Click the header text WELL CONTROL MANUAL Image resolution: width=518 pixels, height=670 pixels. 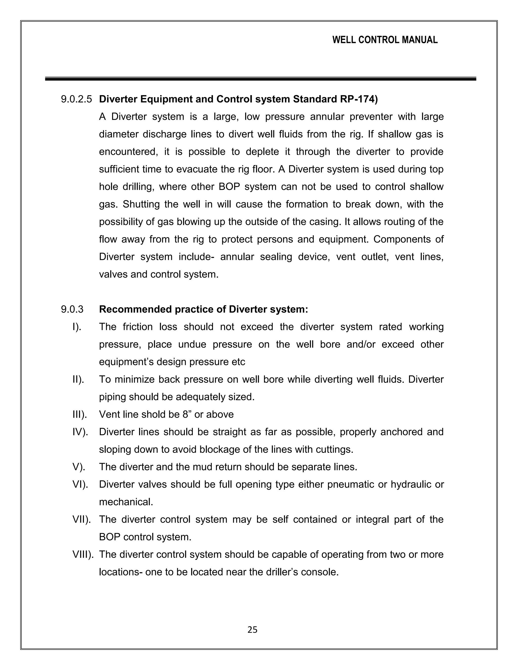tap(385, 40)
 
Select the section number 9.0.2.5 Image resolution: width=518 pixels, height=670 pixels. tap(76, 99)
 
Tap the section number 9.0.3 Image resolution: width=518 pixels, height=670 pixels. tap(72, 309)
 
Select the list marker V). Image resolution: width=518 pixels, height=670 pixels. tap(79, 467)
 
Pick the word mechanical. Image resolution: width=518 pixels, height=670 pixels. tap(126, 502)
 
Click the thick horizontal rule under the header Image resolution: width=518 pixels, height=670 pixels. tap(260, 79)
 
